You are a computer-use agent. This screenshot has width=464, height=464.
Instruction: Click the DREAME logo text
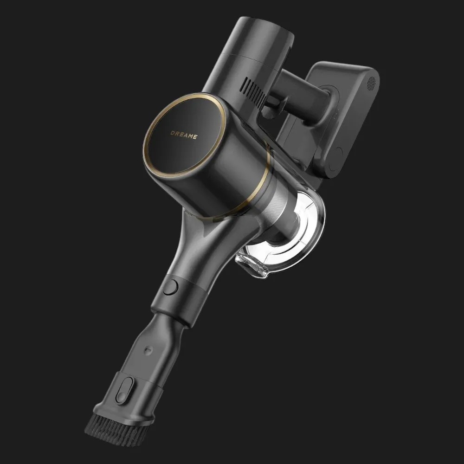click(x=184, y=135)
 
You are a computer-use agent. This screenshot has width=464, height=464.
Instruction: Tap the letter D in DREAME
click(x=173, y=133)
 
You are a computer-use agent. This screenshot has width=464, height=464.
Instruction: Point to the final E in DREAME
click(x=195, y=137)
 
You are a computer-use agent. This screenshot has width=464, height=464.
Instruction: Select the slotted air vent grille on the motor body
click(x=254, y=92)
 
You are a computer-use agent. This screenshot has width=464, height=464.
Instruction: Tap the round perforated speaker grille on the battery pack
click(x=371, y=84)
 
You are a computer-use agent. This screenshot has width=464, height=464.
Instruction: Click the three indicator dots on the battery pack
click(x=335, y=116)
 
